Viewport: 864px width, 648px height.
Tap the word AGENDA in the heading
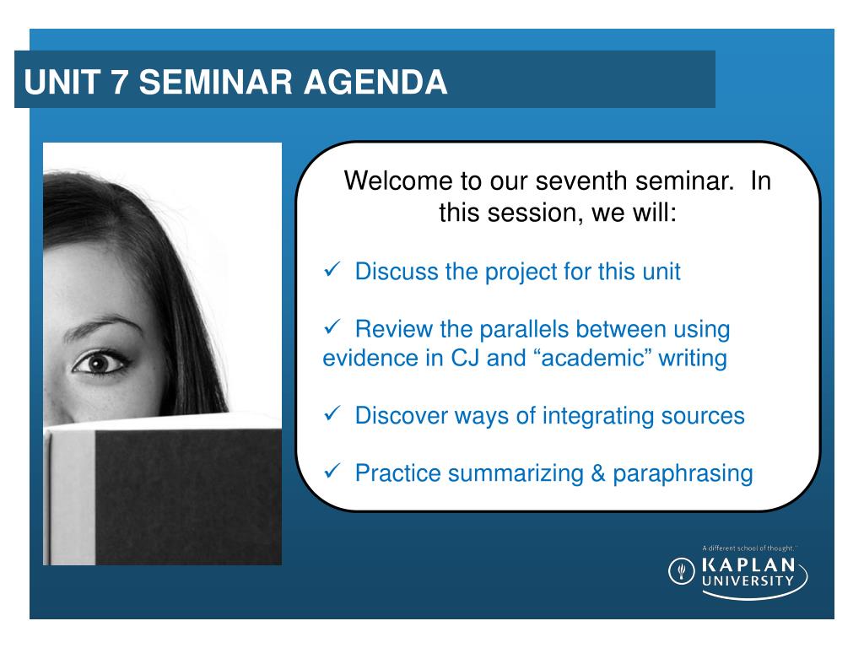pos(375,82)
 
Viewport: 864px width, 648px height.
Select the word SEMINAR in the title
pos(215,82)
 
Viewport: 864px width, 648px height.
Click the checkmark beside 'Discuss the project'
pos(332,269)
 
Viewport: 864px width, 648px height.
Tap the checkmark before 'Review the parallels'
pos(332,327)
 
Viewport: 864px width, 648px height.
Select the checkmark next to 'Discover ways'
pos(332,413)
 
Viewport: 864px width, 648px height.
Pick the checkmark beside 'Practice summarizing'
pos(332,471)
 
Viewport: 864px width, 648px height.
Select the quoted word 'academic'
pos(593,358)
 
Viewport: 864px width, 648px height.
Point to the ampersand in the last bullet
pos(598,473)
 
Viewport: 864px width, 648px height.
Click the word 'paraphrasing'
pos(683,474)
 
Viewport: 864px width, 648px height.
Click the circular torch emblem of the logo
pos(682,571)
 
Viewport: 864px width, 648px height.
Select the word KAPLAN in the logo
pos(748,564)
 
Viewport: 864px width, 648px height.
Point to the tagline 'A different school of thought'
pos(749,548)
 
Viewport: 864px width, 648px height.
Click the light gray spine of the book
pos(73,497)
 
